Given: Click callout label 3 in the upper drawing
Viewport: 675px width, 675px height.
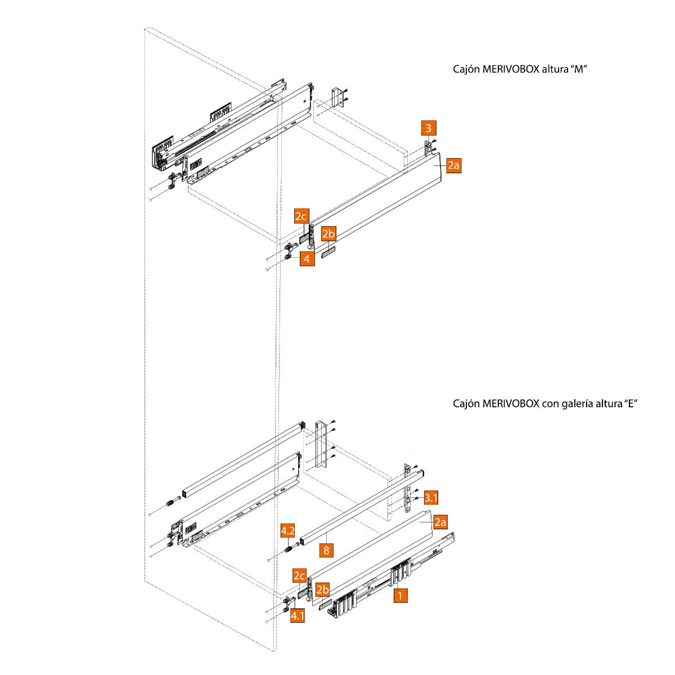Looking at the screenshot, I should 429,128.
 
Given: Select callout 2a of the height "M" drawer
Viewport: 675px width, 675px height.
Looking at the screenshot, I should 453,165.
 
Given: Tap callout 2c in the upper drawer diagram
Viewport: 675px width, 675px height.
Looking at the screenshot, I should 301,217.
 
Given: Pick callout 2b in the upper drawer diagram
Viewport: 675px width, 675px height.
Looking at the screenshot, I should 328,233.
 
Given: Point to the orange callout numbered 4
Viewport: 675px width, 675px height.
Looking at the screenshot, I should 307,258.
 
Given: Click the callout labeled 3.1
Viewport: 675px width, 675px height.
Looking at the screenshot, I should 430,497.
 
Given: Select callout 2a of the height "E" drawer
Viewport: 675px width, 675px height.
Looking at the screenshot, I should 440,522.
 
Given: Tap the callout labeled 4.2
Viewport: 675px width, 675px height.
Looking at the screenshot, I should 288,531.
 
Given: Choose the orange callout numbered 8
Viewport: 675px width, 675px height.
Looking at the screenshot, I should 326,550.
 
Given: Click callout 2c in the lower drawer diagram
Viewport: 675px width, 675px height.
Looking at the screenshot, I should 299,576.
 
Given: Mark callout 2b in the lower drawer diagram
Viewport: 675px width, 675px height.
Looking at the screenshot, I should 322,590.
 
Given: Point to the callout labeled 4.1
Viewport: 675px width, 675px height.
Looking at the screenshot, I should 298,615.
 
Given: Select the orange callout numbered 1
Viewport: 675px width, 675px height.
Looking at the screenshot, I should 400,595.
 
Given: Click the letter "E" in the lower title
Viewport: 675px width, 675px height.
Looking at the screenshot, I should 631,404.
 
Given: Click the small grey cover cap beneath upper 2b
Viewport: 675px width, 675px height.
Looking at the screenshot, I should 328,251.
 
